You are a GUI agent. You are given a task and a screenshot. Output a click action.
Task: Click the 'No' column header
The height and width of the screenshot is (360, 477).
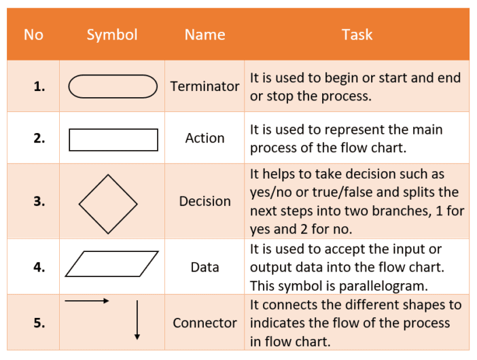33,35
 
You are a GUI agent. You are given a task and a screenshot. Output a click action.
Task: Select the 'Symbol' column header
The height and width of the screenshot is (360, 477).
112,35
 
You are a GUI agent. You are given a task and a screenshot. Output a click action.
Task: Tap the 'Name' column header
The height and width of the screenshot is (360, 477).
205,35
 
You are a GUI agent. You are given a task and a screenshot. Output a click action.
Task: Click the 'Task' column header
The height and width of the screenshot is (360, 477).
357,35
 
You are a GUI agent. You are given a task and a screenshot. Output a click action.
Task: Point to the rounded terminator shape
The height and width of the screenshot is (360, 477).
113,86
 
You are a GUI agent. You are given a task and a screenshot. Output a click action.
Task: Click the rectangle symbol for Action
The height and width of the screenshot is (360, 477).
113,139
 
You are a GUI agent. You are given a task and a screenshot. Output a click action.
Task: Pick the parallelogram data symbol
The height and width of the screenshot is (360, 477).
112,264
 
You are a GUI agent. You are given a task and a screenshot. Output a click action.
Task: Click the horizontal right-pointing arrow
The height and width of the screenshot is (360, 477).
87,301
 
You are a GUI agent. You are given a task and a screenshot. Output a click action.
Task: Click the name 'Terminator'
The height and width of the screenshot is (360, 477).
205,86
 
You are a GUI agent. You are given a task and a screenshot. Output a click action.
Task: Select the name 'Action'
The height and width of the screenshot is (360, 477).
205,138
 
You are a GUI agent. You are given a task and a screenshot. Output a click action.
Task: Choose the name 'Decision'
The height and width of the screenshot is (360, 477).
205,201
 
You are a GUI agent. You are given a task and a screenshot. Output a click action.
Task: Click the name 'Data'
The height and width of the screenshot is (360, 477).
205,267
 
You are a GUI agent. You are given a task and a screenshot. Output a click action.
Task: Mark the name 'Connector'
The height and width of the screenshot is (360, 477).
205,323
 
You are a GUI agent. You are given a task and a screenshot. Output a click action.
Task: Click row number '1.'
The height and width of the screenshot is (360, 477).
39,86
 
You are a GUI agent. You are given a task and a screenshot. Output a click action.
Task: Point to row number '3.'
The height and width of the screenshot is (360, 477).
39,201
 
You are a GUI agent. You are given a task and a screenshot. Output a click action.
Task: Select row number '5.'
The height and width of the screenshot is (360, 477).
39,323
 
